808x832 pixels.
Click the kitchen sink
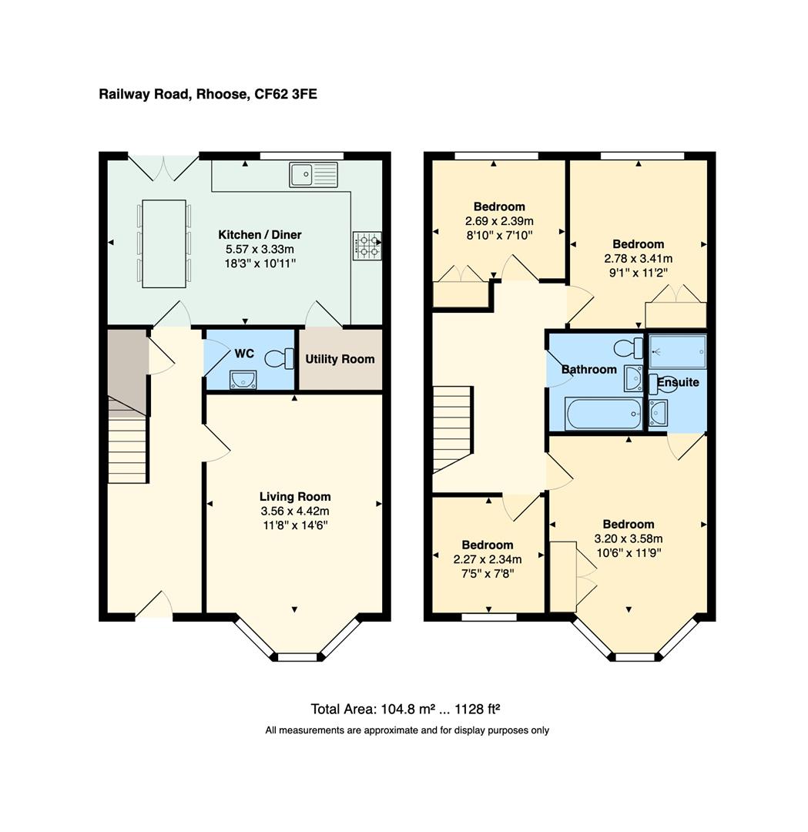313,175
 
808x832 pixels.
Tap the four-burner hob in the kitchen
367,246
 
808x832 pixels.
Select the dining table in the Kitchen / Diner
164,243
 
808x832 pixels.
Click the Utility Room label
340,359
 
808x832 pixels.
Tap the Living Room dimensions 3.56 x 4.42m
295,511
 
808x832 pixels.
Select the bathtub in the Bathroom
603,414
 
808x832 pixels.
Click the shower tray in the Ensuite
677,353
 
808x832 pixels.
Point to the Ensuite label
678,382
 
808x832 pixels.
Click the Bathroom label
589,370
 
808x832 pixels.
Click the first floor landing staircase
452,428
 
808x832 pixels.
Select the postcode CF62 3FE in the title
285,95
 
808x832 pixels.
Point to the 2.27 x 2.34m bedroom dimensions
488,559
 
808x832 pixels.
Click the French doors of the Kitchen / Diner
163,167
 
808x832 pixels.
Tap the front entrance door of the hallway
154,606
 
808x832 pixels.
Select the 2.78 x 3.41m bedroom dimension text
639,259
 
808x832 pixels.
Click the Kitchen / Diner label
260,235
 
